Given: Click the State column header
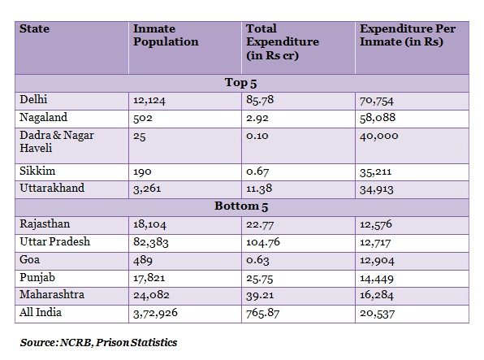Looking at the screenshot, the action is pos(34,28).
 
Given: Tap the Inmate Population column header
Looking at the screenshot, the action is pos(166,35).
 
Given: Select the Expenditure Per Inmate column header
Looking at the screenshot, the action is pos(408,35).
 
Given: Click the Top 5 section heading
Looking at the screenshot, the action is pos(240,83).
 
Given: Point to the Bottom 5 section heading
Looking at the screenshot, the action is pos(241,206).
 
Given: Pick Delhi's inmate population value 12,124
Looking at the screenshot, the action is pos(149,101).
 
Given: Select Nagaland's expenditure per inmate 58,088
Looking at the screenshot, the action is pos(378,118).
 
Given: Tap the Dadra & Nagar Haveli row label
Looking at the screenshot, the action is pos(57,141).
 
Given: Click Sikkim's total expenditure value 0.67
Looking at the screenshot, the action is pos(257,171).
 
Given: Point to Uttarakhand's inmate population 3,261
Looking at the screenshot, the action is pos(147,189).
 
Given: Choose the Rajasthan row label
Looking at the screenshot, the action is pos(45,224).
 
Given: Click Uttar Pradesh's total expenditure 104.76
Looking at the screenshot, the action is pos(263,242).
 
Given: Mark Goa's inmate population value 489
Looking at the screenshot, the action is pos(143,260).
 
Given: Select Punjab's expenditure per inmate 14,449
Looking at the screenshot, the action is pos(377,279).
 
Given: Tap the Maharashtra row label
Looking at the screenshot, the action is pos(52,294).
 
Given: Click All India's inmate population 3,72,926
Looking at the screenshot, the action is pos(155,313).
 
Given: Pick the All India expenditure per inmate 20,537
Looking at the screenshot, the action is pos(377,314).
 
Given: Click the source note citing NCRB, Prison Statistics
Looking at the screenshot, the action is pos(98,343).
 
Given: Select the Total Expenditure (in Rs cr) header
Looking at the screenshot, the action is pos(283,42).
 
